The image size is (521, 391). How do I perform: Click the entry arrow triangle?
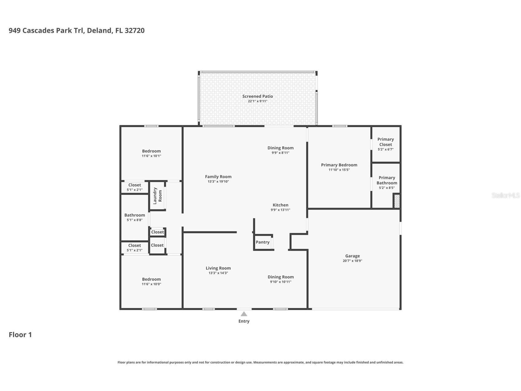[x=244, y=314]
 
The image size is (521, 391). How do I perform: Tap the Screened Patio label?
[x=258, y=96]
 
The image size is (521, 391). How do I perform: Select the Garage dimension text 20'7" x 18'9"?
[x=352, y=261]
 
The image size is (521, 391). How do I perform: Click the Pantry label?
[x=262, y=242]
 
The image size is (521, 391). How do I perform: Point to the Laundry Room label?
[x=157, y=196]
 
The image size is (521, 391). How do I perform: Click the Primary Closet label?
[x=386, y=142]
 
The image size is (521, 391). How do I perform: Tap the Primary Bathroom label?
[x=387, y=180]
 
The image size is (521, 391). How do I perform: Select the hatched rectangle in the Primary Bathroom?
[x=397, y=201]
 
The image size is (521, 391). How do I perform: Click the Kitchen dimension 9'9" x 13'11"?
[x=280, y=210]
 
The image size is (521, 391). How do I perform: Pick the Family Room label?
[x=218, y=177]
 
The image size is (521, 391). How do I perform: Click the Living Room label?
[x=218, y=268]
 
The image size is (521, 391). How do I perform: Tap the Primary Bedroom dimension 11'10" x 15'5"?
[x=339, y=170]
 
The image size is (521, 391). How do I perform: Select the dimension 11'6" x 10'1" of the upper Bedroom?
[x=151, y=156]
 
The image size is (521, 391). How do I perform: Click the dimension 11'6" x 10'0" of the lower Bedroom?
[x=151, y=284]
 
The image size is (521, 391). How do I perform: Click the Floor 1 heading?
[x=20, y=335]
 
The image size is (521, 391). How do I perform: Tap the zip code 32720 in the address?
[x=134, y=30]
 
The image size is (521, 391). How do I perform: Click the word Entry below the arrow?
[x=244, y=321]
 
